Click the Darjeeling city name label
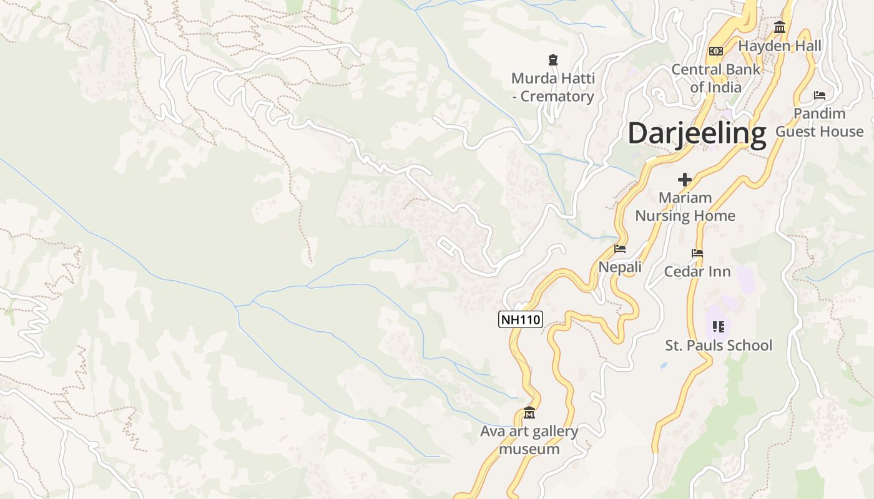(x=697, y=133)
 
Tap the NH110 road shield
(x=521, y=320)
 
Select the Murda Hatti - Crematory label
(x=552, y=87)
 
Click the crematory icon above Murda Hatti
(x=552, y=60)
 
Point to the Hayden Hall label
(x=780, y=46)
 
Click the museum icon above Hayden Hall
(x=780, y=27)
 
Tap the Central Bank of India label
(x=716, y=78)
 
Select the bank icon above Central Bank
(x=716, y=51)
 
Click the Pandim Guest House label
(x=820, y=122)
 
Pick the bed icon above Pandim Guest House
(x=820, y=95)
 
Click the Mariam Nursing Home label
(x=685, y=206)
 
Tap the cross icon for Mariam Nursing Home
(x=685, y=180)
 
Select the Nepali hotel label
(x=620, y=267)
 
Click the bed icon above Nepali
(x=620, y=248)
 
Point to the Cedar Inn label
(x=697, y=271)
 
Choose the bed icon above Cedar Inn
(x=697, y=253)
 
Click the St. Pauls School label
(x=719, y=346)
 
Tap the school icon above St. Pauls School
(x=719, y=326)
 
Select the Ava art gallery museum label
(x=529, y=440)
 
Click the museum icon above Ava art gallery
(x=529, y=412)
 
